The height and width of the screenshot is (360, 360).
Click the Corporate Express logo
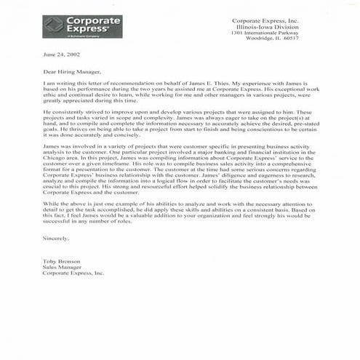[x=82, y=26]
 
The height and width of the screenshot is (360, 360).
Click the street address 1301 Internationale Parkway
[x=268, y=32]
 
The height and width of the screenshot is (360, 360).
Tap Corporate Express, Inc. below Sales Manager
[x=73, y=273]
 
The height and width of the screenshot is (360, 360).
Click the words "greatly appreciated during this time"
[x=87, y=102]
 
